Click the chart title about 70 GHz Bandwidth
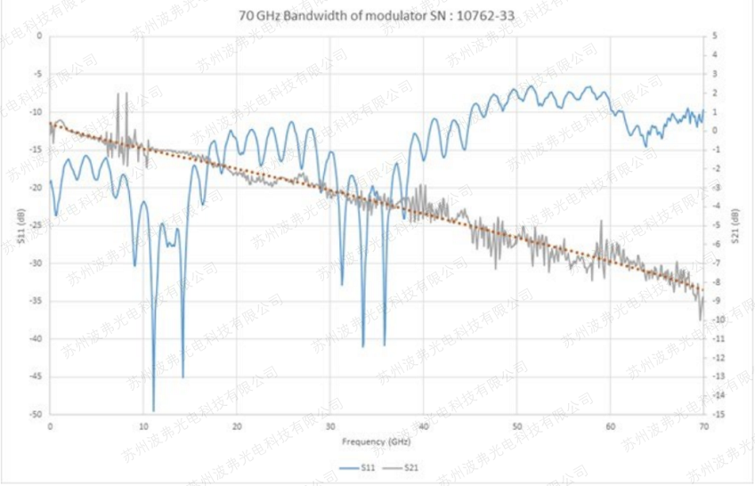pyautogui.click(x=377, y=15)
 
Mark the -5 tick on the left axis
pyautogui.click(x=37, y=75)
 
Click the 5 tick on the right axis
pyautogui.click(x=715, y=36)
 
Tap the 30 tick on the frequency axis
pyautogui.click(x=330, y=427)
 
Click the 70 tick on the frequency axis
pyautogui.click(x=703, y=427)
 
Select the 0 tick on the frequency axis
pyautogui.click(x=51, y=427)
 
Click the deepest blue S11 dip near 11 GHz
pyautogui.click(x=153, y=410)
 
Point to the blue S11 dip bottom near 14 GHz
pyautogui.click(x=183, y=377)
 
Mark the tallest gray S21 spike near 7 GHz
pyautogui.click(x=118, y=94)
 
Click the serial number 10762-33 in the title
pyautogui.click(x=486, y=15)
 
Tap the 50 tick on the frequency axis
pyautogui.click(x=516, y=427)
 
